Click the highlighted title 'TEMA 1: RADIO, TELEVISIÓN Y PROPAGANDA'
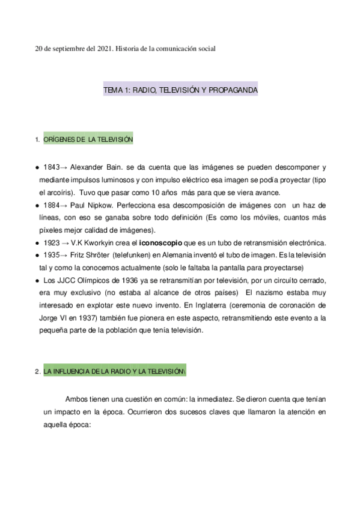180,89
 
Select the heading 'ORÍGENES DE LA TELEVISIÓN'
88,140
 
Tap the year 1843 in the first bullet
51,167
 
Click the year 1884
51,205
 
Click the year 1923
52,243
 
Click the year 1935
51,255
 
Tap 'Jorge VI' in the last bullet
58,318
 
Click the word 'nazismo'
269,293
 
